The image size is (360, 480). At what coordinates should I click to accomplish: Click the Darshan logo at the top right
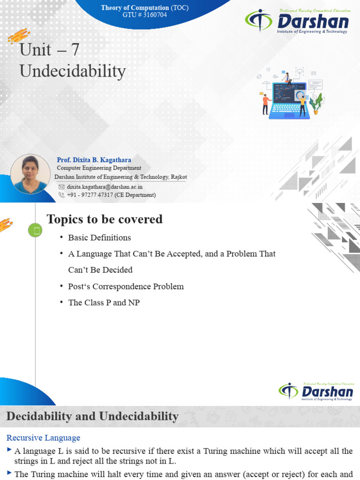[297, 22]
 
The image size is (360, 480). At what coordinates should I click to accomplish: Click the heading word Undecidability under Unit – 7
[73, 71]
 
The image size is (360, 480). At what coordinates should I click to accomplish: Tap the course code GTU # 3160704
[144, 15]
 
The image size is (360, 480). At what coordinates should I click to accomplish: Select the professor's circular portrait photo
[30, 174]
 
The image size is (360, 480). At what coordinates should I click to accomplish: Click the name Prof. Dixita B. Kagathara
[94, 160]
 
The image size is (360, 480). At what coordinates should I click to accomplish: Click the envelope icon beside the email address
[61, 187]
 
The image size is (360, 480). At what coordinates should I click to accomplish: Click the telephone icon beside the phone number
[61, 195]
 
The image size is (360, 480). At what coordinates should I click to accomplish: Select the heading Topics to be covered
[105, 219]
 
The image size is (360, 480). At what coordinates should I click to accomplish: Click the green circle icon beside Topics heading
[35, 230]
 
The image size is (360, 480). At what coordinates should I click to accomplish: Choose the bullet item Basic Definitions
[99, 238]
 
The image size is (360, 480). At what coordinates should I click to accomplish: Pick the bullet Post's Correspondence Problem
[126, 286]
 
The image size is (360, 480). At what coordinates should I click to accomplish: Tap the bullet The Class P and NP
[104, 303]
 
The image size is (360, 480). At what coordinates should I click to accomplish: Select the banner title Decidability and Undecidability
[92, 416]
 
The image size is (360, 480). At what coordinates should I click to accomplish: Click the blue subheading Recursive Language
[43, 438]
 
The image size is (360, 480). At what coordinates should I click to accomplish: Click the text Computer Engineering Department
[99, 168]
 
